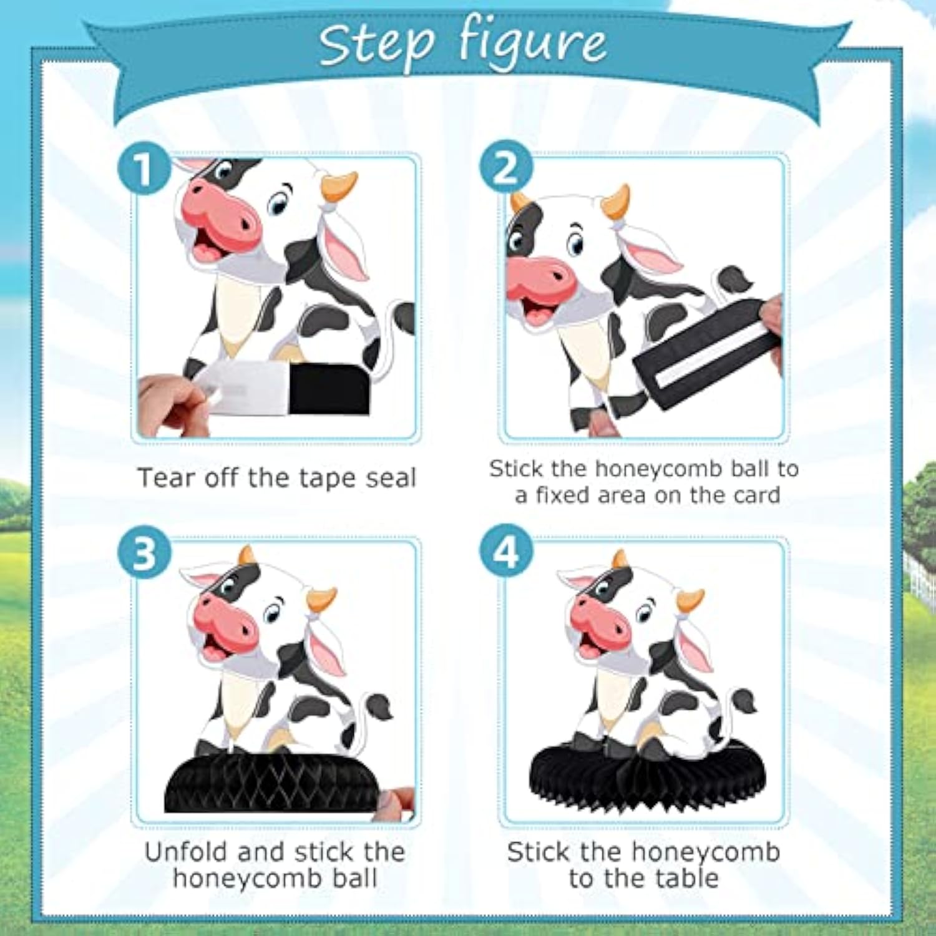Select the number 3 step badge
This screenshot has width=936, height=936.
(144, 553)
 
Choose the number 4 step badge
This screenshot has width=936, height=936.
(505, 553)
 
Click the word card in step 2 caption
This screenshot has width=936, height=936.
(757, 495)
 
